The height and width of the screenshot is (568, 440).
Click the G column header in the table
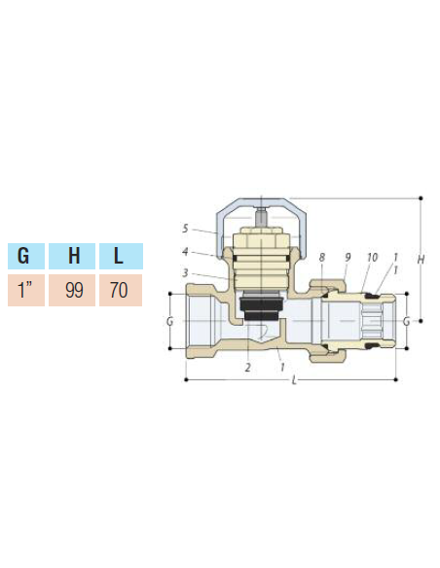[x=25, y=258]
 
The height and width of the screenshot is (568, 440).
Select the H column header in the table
[x=72, y=258]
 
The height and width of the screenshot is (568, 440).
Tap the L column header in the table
[x=119, y=258]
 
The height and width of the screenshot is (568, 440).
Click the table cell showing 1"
[x=25, y=290]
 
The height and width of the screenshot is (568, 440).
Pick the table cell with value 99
[x=72, y=290]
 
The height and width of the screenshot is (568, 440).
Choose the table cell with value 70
[x=119, y=290]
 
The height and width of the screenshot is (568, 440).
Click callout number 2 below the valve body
[x=248, y=367]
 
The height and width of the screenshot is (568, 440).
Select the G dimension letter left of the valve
[x=169, y=320]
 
